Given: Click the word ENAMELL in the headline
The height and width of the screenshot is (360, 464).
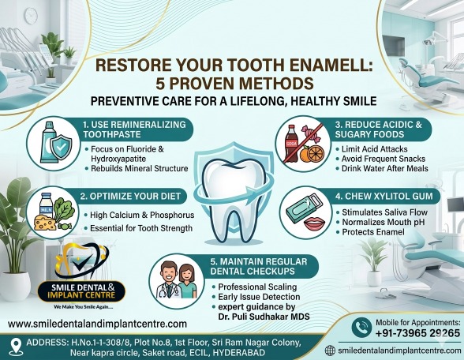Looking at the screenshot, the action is pos(328,66).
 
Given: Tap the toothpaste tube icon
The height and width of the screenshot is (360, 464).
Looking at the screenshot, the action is pos(48,142).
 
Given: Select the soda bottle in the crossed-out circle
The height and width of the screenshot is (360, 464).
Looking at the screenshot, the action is pos(291,144).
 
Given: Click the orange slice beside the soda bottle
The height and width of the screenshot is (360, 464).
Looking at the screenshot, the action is pos(316,153).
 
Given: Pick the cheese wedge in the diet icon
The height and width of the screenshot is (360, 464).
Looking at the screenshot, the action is pos(45,223).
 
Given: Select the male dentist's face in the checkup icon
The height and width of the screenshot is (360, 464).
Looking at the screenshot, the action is pos(168,272).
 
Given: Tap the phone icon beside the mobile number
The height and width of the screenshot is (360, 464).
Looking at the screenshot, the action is pos(361,328).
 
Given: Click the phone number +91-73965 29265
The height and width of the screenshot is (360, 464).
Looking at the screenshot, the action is pos(418,333).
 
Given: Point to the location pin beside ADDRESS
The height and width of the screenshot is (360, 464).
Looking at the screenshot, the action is pos(16,347).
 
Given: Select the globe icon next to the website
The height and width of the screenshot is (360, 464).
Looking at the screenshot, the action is pos(330,351).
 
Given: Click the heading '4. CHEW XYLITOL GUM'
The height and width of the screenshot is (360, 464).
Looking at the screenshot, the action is pos(384,197).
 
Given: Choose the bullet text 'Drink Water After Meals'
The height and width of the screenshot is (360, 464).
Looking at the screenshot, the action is pos(385,168).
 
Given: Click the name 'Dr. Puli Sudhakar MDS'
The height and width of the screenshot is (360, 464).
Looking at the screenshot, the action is pos(264,317).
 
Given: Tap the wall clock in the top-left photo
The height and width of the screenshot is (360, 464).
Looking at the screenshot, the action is pos(31,16).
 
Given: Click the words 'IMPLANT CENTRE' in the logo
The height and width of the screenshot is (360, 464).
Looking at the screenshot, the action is pos(81,295).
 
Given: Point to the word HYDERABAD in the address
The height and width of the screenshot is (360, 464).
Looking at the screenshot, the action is pos(239,353).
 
